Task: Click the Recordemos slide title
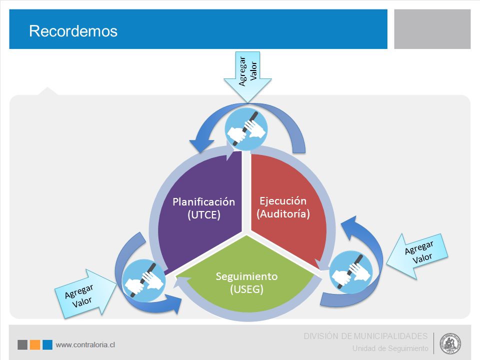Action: tap(73, 31)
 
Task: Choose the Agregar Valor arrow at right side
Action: tap(417, 256)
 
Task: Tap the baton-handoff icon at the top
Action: tap(246, 129)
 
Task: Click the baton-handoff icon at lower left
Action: tap(143, 280)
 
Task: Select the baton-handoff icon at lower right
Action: tap(351, 272)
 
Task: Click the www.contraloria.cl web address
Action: tap(85, 344)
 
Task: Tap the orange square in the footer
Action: tap(35, 344)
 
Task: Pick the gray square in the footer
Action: tap(22, 344)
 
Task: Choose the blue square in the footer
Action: tap(47, 344)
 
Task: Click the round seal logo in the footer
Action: tap(450, 343)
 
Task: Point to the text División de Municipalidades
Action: tap(365, 336)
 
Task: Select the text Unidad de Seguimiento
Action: tap(390, 348)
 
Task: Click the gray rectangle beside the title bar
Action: tap(432, 29)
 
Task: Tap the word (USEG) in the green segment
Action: tap(246, 289)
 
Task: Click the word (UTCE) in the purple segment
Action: tap(204, 214)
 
